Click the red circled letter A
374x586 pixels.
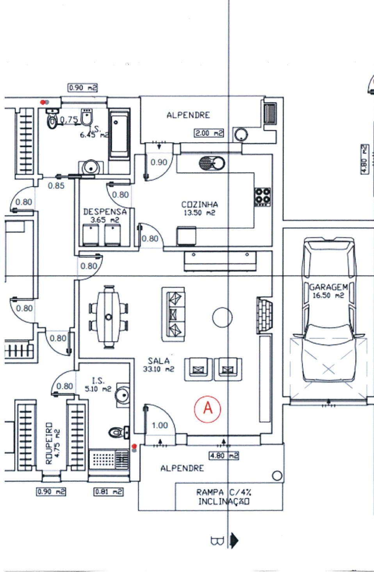click(x=208, y=408)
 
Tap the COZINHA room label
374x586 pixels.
click(x=199, y=204)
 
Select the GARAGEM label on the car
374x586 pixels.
click(x=328, y=287)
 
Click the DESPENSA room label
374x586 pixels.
click(x=105, y=212)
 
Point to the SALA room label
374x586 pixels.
click(x=159, y=361)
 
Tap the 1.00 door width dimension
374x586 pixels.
click(x=160, y=425)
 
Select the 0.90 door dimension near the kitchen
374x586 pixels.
click(x=159, y=162)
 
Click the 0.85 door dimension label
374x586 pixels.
click(x=56, y=186)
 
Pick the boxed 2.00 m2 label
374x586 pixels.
click(x=209, y=133)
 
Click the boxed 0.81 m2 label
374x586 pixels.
click(x=109, y=492)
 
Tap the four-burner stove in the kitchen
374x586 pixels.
click(x=263, y=197)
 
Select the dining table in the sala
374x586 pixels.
click(x=109, y=316)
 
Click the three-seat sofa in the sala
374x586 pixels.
click(x=173, y=313)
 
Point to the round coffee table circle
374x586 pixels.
click(x=223, y=317)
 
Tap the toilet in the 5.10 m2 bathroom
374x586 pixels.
click(x=116, y=433)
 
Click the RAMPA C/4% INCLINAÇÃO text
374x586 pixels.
click(x=223, y=497)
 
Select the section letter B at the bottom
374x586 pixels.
click(x=217, y=541)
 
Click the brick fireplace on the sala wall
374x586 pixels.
click(x=264, y=315)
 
